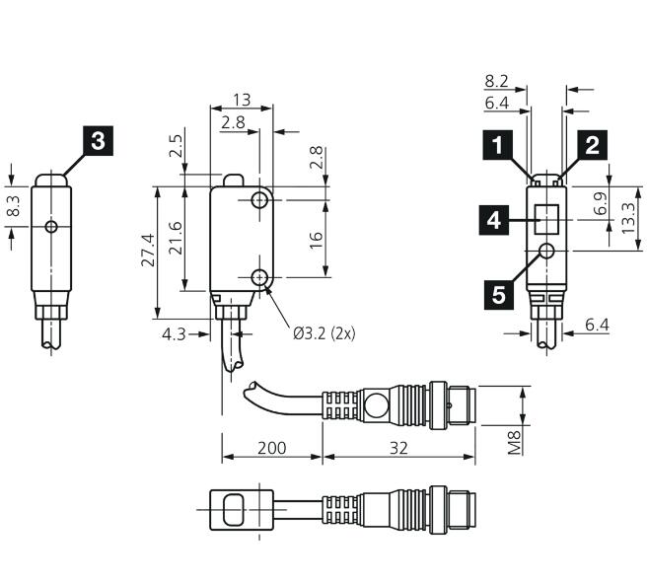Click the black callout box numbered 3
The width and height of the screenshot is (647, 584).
click(99, 141)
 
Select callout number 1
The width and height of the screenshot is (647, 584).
click(498, 145)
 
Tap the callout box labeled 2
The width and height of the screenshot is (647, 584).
click(592, 145)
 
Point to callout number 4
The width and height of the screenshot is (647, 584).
click(494, 220)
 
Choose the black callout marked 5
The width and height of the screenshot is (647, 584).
click(499, 295)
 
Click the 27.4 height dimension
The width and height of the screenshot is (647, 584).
click(148, 251)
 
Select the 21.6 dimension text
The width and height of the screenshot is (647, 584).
click(177, 238)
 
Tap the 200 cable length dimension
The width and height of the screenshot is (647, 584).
click(272, 448)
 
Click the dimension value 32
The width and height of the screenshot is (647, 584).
click(398, 448)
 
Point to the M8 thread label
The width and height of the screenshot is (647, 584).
click(514, 442)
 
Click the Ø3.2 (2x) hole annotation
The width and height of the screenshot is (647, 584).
click(324, 333)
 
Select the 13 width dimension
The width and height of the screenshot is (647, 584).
click(242, 100)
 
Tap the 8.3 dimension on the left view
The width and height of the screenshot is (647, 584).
click(14, 205)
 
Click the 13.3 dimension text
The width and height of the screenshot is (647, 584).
click(627, 218)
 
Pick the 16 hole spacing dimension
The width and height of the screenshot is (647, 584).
click(316, 240)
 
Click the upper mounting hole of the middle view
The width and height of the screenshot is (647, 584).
click(259, 200)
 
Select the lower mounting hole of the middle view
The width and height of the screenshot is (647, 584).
click(259, 277)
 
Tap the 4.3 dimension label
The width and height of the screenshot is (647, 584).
click(174, 334)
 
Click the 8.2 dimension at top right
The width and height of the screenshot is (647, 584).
click(496, 81)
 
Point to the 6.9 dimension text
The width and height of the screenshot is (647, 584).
click(602, 203)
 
